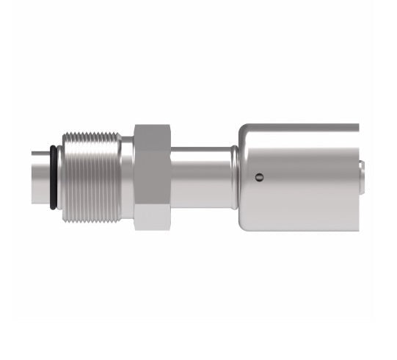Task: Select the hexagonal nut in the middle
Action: (x=152, y=176)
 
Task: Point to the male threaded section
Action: (x=92, y=176)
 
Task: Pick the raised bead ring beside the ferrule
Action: (x=234, y=176)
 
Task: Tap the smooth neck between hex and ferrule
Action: (x=202, y=176)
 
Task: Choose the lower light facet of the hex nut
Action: (x=152, y=215)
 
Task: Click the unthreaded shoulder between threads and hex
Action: (x=127, y=176)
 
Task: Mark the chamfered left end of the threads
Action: (x=64, y=176)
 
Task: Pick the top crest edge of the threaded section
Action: (x=92, y=132)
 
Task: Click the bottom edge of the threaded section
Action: (x=92, y=221)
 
